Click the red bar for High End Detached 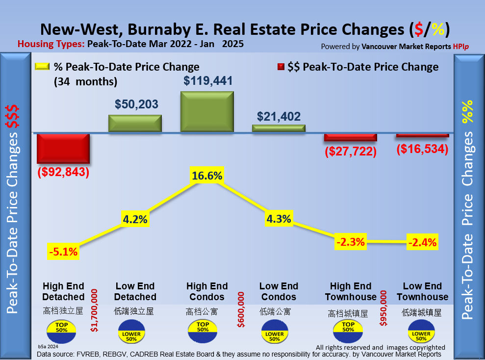tap(63, 149)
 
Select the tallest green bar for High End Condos tap(207, 111)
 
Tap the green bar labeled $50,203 tap(135, 123)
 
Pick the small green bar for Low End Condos tap(279, 128)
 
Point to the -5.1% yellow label tap(63, 253)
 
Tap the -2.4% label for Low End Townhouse tap(422, 242)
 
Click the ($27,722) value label tap(350, 152)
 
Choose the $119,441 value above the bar tap(208, 81)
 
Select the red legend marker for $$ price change tap(282, 67)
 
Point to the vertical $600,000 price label tap(241, 309)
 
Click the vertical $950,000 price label tap(383, 310)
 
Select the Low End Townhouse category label tap(422, 291)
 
